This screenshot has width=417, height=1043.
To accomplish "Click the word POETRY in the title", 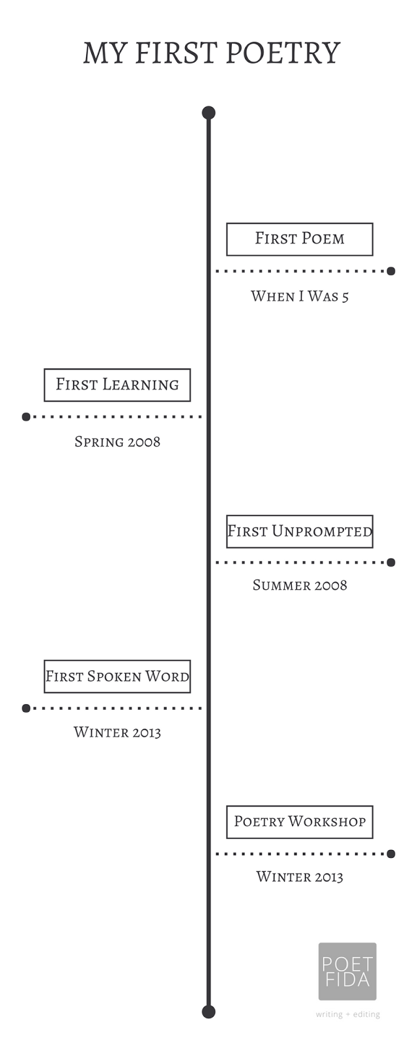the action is pos(283,53).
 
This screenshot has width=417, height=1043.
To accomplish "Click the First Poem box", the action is pos(300,239).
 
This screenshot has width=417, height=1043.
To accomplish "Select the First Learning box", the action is pos(117,385).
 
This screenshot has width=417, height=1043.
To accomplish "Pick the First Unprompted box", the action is pos(300,531).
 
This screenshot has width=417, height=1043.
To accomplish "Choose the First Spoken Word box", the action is pos(117,676).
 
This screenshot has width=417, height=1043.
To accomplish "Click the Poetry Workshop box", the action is pos(300,821).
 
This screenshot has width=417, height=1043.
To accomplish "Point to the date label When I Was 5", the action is pos(300,297).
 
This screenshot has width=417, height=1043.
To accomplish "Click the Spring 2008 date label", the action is pos(117,442).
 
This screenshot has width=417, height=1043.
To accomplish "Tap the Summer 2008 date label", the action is pos(300,585).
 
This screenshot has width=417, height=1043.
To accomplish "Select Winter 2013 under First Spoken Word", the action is pos(117,732).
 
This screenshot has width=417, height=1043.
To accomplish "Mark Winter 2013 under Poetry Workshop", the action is pos(300,877).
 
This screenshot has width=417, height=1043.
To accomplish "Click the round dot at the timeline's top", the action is pos(208,113).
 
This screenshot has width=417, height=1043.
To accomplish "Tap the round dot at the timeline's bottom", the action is pos(208,1012).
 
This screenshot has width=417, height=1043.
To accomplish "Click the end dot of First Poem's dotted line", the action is pos(391,271).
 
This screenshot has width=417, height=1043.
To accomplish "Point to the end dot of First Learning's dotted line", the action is pos(26,417).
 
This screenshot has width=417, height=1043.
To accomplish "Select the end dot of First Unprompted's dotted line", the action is pos(391,562).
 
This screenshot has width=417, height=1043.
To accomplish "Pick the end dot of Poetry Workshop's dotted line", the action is pos(391,853).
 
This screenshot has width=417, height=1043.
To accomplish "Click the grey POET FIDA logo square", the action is pos(347,971).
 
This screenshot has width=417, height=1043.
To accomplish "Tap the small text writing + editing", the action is pos(348,1014).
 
